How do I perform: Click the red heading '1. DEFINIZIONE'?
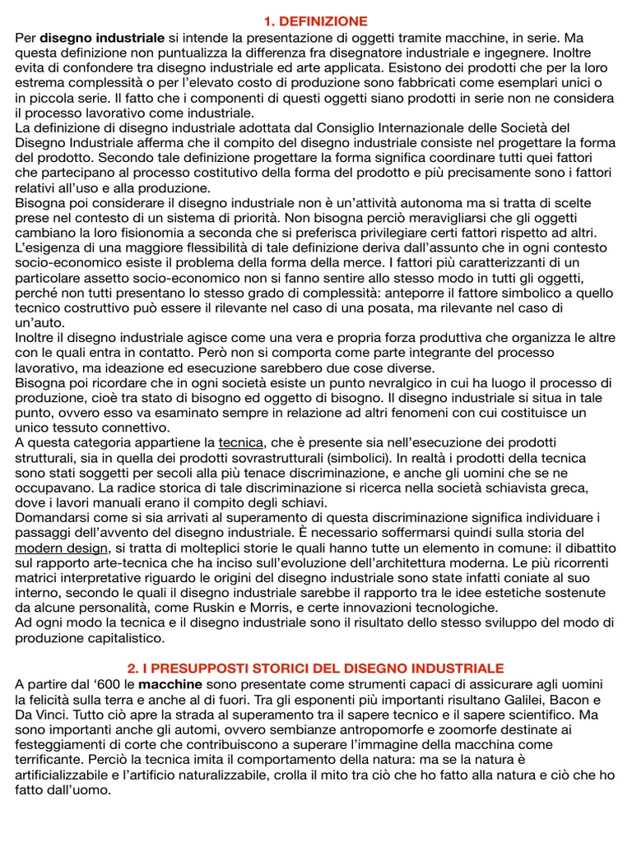pos(316,21)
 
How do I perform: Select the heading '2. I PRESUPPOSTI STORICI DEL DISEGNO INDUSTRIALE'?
pos(316,668)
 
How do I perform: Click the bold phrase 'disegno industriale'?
pos(102,38)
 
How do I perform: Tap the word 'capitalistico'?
pos(114,637)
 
